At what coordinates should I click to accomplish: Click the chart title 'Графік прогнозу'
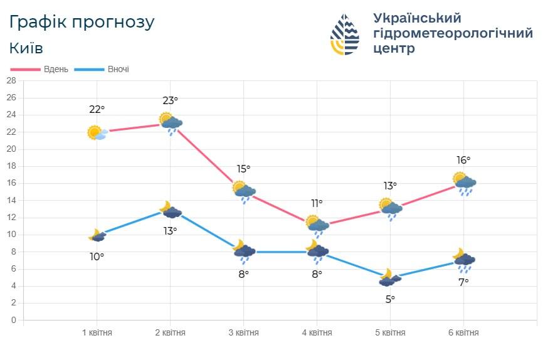(82, 22)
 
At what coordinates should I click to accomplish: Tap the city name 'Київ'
(26, 48)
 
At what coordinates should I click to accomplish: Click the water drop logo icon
(345, 34)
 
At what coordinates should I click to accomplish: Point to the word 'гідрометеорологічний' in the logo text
(453, 33)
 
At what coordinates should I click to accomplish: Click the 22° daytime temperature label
(97, 110)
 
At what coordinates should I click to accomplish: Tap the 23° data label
(170, 100)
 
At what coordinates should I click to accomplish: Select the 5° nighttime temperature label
(390, 299)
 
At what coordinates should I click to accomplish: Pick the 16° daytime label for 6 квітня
(463, 160)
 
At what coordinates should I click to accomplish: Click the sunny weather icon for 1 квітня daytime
(97, 132)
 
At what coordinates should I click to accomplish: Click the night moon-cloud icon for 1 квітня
(97, 236)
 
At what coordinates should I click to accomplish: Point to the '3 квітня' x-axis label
(243, 332)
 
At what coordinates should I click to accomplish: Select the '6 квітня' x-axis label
(463, 332)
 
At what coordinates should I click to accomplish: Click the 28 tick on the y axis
(11, 81)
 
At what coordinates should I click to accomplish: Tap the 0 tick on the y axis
(13, 320)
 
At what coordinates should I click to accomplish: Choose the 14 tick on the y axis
(11, 201)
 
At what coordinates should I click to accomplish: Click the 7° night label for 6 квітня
(463, 282)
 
